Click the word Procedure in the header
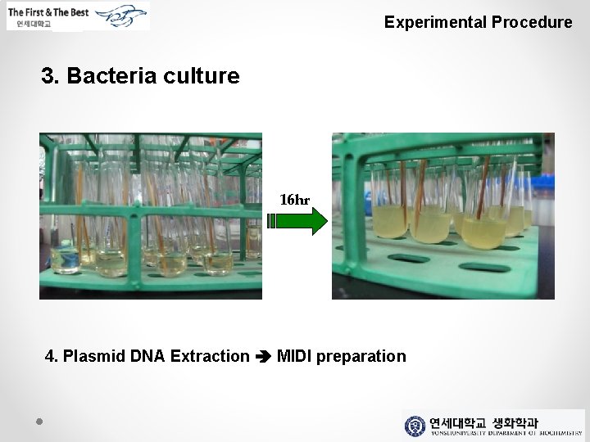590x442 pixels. tap(532, 22)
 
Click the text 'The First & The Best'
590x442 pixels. tap(49, 12)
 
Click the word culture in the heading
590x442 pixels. tap(202, 76)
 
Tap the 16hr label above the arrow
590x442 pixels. tap(295, 200)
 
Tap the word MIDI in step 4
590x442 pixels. tap(294, 356)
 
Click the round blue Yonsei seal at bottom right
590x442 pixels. tap(415, 426)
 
